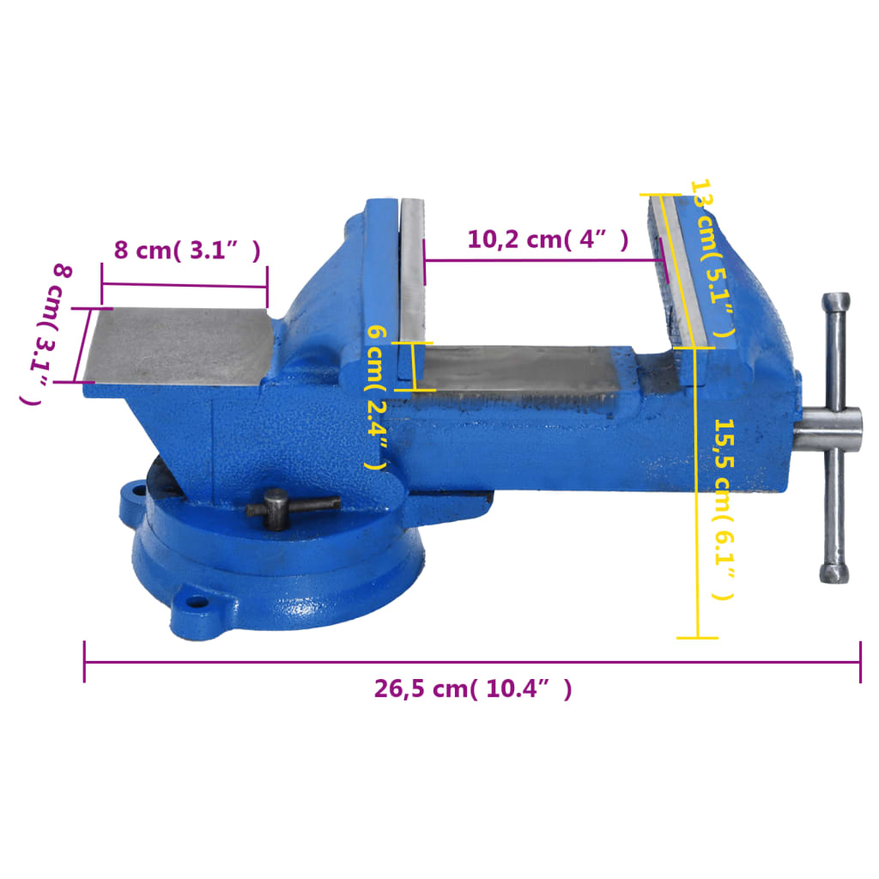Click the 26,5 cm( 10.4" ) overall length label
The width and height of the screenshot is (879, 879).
click(x=472, y=688)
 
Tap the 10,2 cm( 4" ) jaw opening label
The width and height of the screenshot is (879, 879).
click(x=548, y=239)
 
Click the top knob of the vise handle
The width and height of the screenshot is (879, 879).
click(x=835, y=303)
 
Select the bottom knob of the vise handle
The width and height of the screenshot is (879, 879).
click(x=834, y=573)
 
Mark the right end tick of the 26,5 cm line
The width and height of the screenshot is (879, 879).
click(x=860, y=662)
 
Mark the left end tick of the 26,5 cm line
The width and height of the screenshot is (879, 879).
click(x=84, y=662)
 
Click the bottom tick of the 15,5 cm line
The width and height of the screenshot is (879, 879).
click(x=697, y=637)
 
